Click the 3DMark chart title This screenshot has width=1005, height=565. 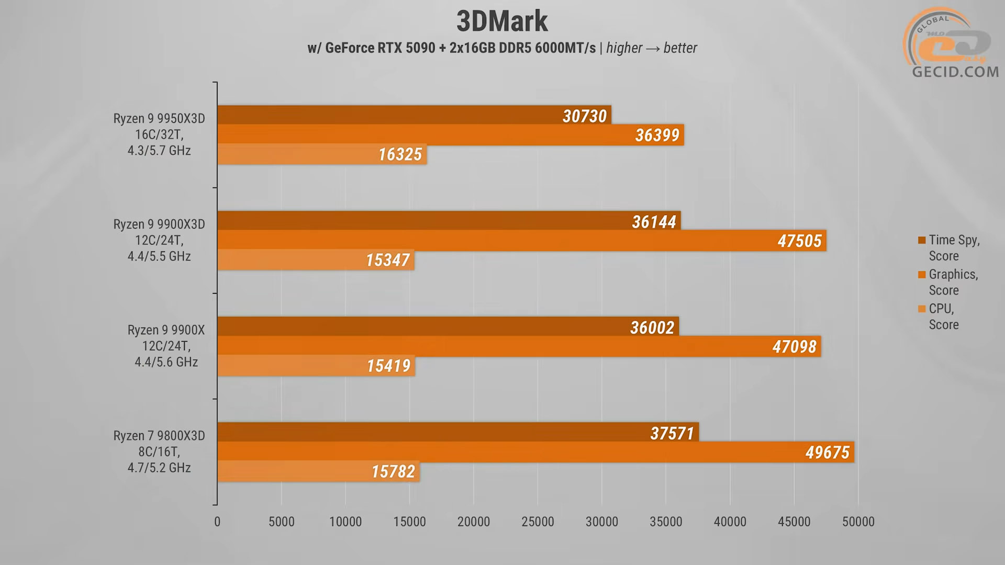click(x=501, y=21)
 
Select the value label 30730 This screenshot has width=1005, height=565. click(x=584, y=116)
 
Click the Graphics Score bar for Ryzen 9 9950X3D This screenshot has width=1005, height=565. click(x=419, y=135)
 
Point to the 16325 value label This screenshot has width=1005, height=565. click(x=400, y=154)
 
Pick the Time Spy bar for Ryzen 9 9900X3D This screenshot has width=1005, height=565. click(x=419, y=221)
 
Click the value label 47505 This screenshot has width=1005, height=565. click(x=799, y=241)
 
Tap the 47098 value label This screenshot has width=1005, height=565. click(x=794, y=346)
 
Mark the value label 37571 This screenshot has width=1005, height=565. click(x=672, y=433)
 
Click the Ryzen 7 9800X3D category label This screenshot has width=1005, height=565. click(x=159, y=451)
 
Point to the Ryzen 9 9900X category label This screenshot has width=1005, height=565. click(x=166, y=346)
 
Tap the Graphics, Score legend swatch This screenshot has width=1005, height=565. click(x=922, y=275)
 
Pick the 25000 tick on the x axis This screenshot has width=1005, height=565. click(x=538, y=522)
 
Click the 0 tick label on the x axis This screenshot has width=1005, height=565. click(x=217, y=522)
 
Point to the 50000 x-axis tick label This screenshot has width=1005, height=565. click(x=858, y=522)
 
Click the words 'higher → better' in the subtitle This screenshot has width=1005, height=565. click(x=651, y=48)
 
